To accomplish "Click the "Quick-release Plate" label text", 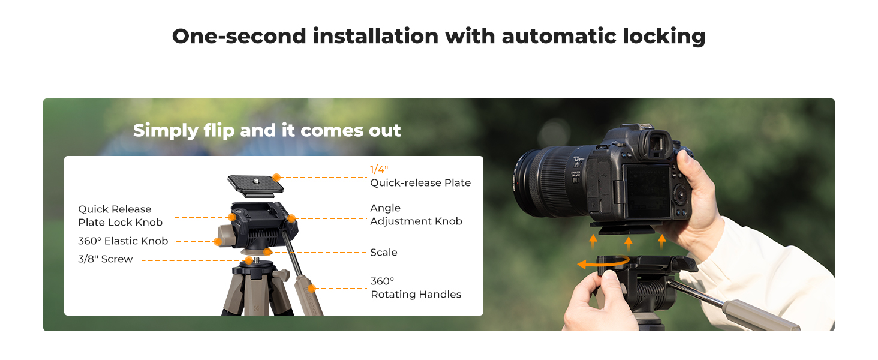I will click(x=420, y=183).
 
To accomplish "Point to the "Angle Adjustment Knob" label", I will click(x=416, y=215).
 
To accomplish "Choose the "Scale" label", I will click(x=383, y=253).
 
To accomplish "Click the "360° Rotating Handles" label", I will click(x=416, y=288).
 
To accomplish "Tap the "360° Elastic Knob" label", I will click(x=122, y=241).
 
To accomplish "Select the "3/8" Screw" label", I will click(x=105, y=259).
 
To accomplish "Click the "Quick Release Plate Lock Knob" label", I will click(x=120, y=216).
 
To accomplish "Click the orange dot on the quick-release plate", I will click(x=276, y=178).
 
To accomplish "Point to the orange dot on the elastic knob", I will click(x=218, y=242).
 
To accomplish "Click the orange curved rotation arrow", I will click(x=603, y=262).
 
